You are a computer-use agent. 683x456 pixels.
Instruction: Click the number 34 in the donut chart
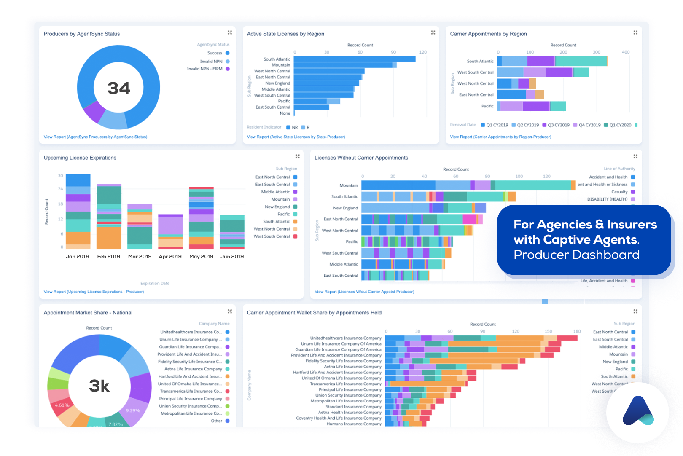coord(118,88)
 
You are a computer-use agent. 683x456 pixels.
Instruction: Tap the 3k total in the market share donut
coord(99,386)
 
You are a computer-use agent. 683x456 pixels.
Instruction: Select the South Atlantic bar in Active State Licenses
coord(354,59)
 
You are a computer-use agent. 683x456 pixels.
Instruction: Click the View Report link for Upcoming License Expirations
coord(94,292)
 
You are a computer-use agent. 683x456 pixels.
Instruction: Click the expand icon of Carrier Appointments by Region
coord(635,33)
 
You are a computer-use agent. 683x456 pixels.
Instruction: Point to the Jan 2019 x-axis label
coord(77,256)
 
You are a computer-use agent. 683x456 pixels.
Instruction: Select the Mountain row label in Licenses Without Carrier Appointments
coord(349,185)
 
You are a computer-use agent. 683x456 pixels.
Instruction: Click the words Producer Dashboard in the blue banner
coord(576,255)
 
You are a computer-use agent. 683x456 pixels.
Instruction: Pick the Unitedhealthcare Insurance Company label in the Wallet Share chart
coord(346,338)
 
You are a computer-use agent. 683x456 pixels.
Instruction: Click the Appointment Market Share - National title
coord(88,313)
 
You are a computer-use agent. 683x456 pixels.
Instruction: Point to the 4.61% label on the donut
coord(62,405)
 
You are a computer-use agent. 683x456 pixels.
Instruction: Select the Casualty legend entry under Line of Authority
coord(619,192)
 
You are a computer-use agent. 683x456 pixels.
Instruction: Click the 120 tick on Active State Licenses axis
coord(423,52)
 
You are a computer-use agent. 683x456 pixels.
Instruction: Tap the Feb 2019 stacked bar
coord(109,217)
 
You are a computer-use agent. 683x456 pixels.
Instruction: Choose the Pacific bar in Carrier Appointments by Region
coord(531,106)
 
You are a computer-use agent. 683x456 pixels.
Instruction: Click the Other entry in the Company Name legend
coord(217,421)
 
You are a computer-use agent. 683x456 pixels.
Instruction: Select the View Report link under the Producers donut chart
coord(95,137)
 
